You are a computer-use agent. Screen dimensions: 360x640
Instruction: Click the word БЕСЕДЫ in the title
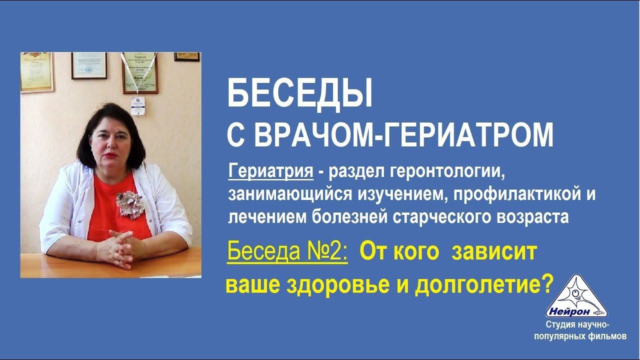click(300, 95)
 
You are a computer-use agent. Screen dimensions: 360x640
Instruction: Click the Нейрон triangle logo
click(576, 297)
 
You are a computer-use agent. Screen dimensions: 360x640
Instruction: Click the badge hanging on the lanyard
click(138, 105)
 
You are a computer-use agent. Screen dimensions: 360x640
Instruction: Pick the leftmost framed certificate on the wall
click(36, 73)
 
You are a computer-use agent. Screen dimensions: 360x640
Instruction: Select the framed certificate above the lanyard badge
click(139, 72)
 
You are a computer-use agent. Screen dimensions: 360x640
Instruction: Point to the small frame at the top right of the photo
click(187, 56)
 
